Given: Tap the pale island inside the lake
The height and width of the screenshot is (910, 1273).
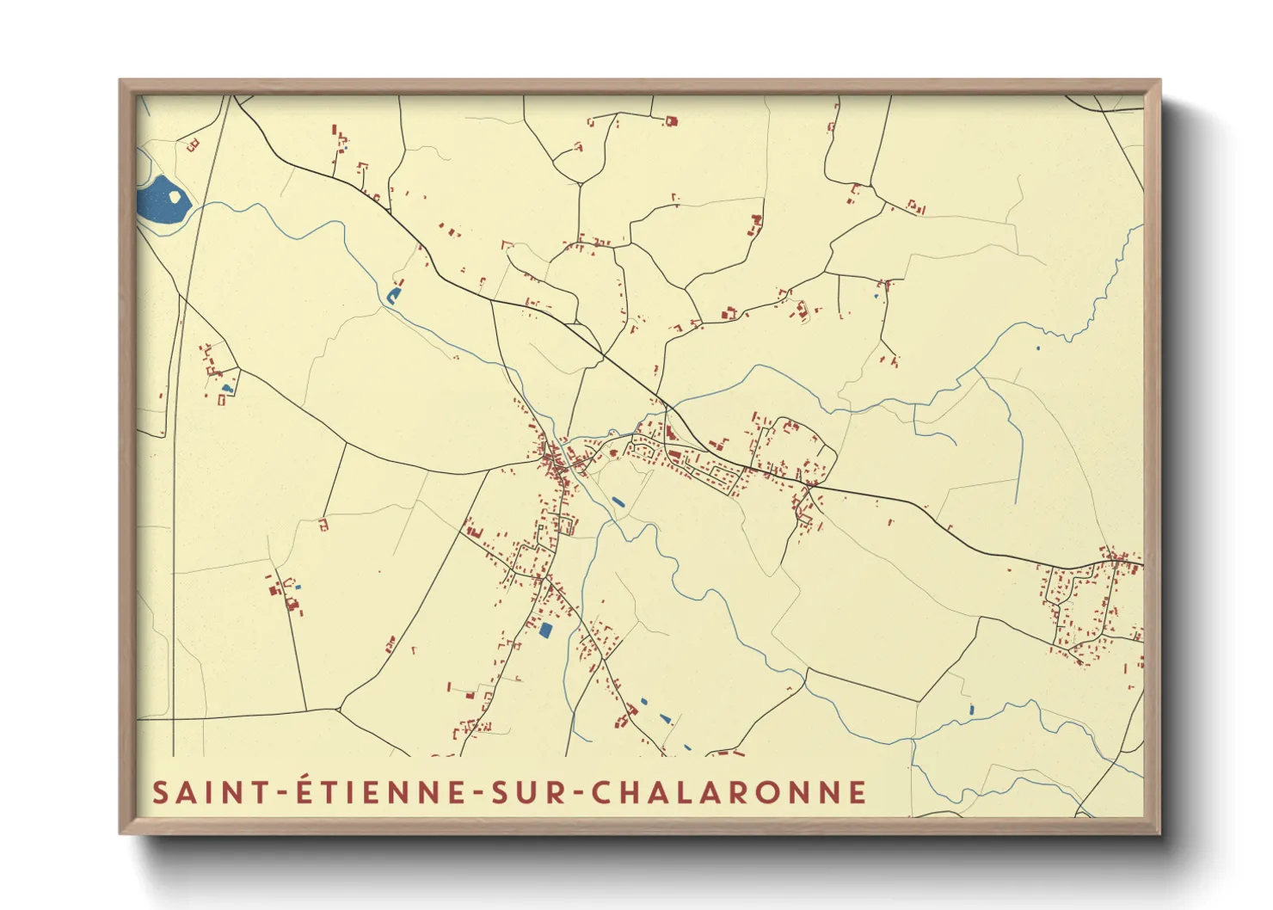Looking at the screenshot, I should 175,196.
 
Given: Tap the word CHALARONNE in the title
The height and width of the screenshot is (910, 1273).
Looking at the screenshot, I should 729,792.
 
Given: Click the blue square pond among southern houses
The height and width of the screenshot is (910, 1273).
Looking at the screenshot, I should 544,630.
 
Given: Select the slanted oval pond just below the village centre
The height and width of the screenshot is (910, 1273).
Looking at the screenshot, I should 618,501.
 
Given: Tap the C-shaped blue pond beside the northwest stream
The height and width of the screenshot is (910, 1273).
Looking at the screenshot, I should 393,296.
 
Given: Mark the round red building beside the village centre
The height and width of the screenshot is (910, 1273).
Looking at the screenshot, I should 612,451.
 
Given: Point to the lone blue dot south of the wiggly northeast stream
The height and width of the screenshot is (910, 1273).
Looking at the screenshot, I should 1037,348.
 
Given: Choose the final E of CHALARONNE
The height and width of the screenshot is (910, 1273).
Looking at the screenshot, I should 857,792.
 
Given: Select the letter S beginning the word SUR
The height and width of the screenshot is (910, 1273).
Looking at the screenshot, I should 501,792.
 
